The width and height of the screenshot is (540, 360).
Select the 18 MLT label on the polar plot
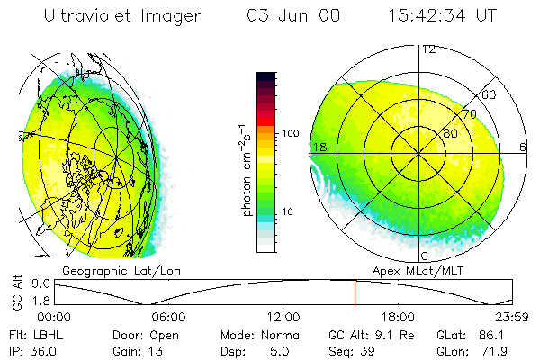tap(319, 147)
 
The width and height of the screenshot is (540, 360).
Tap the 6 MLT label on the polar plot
tap(523, 147)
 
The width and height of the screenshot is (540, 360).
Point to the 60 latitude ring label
tap(489, 94)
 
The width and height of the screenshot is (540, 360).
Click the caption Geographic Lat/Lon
tap(108, 269)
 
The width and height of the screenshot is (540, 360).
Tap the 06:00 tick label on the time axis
tap(168, 316)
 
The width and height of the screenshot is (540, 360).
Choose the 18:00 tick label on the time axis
tap(398, 316)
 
